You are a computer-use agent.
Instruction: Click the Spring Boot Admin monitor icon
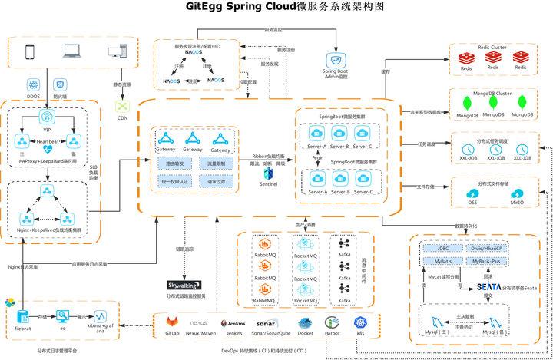pyautogui.click(x=335, y=60)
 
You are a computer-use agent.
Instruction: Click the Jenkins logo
pyautogui.click(x=234, y=324)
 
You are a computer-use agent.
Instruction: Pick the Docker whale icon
pyautogui.click(x=304, y=323)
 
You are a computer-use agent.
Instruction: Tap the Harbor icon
pyautogui.click(x=332, y=323)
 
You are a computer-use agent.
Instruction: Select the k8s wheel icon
pyautogui.click(x=359, y=323)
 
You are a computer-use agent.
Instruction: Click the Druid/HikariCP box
pyautogui.click(x=486, y=249)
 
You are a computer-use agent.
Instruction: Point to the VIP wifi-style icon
pyautogui.click(x=48, y=119)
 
